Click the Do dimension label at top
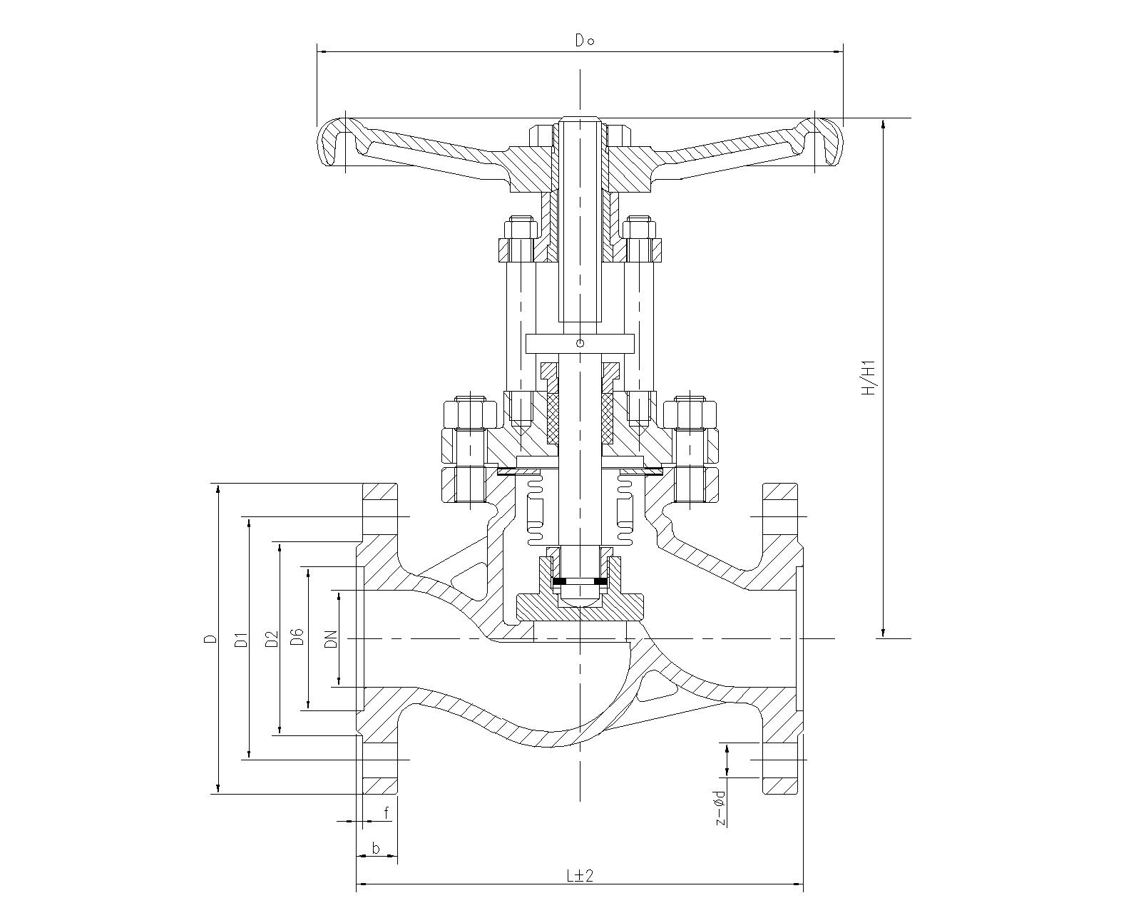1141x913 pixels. click(585, 41)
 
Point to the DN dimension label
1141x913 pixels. click(332, 639)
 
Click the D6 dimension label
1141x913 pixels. click(297, 637)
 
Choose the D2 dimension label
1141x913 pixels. click(272, 638)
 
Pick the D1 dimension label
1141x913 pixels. click(242, 639)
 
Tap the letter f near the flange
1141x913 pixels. click(387, 812)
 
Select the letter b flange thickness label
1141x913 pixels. click(376, 848)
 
